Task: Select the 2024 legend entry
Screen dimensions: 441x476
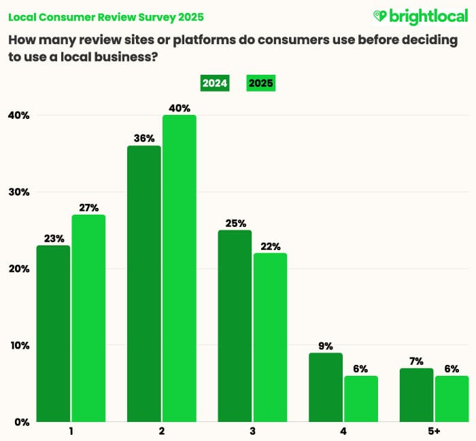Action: pos(215,84)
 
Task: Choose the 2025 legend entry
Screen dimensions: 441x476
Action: pos(260,84)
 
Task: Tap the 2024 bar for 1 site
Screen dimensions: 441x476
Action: pos(52,333)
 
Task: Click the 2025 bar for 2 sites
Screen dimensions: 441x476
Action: pos(179,268)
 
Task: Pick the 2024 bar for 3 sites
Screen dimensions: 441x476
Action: pos(235,326)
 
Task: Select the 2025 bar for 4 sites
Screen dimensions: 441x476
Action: pos(360,399)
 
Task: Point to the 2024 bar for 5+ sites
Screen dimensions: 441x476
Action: pos(415,395)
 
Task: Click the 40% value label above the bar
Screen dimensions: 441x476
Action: pos(180,108)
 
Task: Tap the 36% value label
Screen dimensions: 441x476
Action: pos(143,139)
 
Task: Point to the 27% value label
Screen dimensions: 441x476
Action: pos(88,208)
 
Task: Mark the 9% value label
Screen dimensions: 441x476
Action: pos(325,346)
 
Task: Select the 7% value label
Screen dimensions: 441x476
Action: pos(416,361)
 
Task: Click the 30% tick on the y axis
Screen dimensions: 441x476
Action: pos(18,192)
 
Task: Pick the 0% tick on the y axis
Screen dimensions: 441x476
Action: pos(21,422)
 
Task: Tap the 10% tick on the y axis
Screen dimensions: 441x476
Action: pos(18,345)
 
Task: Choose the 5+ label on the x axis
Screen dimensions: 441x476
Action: pos(433,431)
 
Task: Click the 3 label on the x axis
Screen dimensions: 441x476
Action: pos(252,431)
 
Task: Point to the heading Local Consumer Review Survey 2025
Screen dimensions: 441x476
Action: pos(105,16)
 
